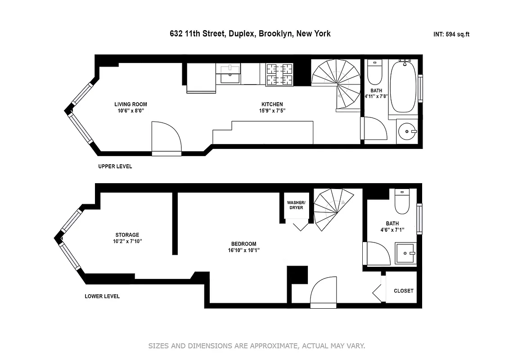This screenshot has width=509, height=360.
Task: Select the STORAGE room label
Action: coord(127,235)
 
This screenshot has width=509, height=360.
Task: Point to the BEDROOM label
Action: coord(244,244)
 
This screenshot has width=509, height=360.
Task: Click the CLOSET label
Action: coord(403,291)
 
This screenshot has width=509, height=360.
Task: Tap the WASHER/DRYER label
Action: coord(296,205)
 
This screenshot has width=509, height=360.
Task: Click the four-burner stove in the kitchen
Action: coord(279,74)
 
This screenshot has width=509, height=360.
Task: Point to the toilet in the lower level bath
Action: coord(401,202)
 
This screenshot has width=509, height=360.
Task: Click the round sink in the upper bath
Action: coord(408,131)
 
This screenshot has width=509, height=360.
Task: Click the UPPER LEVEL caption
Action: coord(115,166)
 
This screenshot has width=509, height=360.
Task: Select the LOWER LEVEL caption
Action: coord(102,297)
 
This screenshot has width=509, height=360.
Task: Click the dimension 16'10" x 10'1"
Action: coord(244,251)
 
